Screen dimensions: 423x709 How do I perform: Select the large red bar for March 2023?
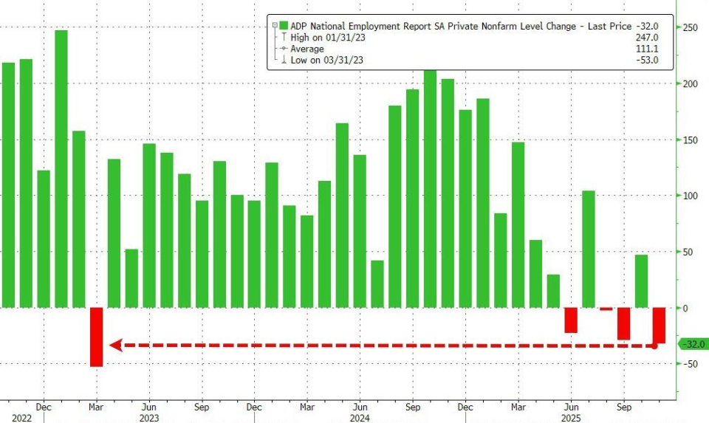click(97, 337)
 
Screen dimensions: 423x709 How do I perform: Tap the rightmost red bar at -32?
click(659, 326)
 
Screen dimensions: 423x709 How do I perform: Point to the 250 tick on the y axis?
click(690, 27)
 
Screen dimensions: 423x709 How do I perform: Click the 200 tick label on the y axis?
click(690, 83)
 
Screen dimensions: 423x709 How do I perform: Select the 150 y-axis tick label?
click(690, 140)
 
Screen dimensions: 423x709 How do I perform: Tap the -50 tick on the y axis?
click(690, 364)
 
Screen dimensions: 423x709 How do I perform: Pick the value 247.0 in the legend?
click(646, 37)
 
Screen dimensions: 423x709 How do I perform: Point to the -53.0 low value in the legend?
click(646, 61)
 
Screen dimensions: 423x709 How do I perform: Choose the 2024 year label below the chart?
click(360, 417)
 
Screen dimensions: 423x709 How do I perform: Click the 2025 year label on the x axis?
click(571, 417)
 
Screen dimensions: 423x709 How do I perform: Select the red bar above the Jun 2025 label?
click(571, 320)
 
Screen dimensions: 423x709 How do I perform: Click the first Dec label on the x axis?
click(44, 406)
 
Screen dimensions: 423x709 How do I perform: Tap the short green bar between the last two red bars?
click(641, 281)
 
